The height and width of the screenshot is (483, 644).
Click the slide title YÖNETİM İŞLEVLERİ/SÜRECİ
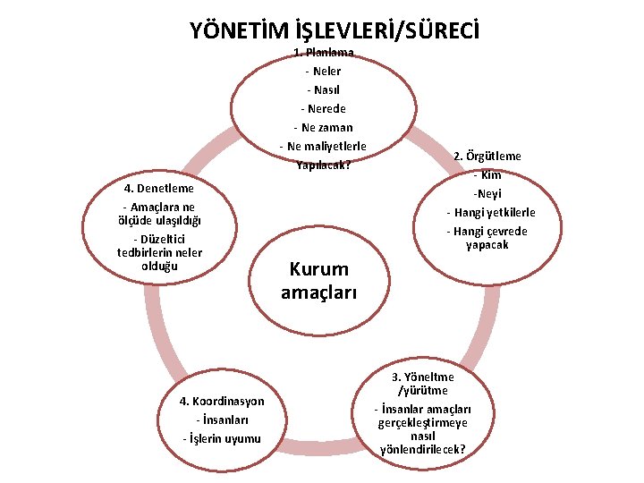pyautogui.click(x=335, y=30)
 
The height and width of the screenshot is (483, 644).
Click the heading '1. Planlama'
pyautogui.click(x=323, y=53)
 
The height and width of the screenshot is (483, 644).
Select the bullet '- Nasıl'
pyautogui.click(x=323, y=89)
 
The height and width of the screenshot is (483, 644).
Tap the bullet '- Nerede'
pyautogui.click(x=323, y=108)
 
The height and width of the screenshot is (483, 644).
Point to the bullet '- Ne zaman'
pyautogui.click(x=323, y=127)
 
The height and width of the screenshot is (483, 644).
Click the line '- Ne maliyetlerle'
pyautogui.click(x=323, y=146)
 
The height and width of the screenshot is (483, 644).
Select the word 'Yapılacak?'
pyautogui.click(x=323, y=165)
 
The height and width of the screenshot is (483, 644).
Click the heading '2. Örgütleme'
pyautogui.click(x=487, y=156)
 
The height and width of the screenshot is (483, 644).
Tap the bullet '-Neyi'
pyautogui.click(x=487, y=193)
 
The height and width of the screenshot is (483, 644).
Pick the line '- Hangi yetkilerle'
pyautogui.click(x=491, y=212)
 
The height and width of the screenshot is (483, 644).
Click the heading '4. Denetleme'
pyautogui.click(x=159, y=189)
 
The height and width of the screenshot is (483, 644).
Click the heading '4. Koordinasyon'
pyautogui.click(x=222, y=401)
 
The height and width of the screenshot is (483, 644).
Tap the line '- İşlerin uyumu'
pyautogui.click(x=222, y=438)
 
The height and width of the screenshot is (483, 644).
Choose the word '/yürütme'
pyautogui.click(x=422, y=390)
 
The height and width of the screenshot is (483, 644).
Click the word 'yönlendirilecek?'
pyautogui.click(x=422, y=448)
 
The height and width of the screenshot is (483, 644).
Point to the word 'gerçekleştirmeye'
pyautogui.click(x=422, y=421)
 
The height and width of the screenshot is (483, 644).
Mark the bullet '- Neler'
pyautogui.click(x=323, y=71)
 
